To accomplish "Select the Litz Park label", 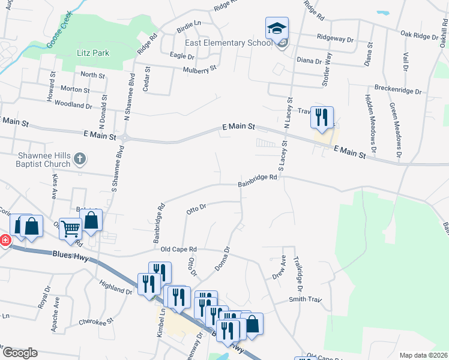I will pyautogui.click(x=93, y=53).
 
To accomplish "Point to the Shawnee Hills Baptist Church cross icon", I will pyautogui.click(x=80, y=160).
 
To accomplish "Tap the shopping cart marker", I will pyautogui.click(x=71, y=229).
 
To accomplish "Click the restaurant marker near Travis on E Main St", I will pyautogui.click(x=322, y=117).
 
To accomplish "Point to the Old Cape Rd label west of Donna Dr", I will pyautogui.click(x=179, y=249).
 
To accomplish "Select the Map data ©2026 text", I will pyautogui.click(x=423, y=355).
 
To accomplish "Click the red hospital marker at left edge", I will pyautogui.click(x=5, y=240).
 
